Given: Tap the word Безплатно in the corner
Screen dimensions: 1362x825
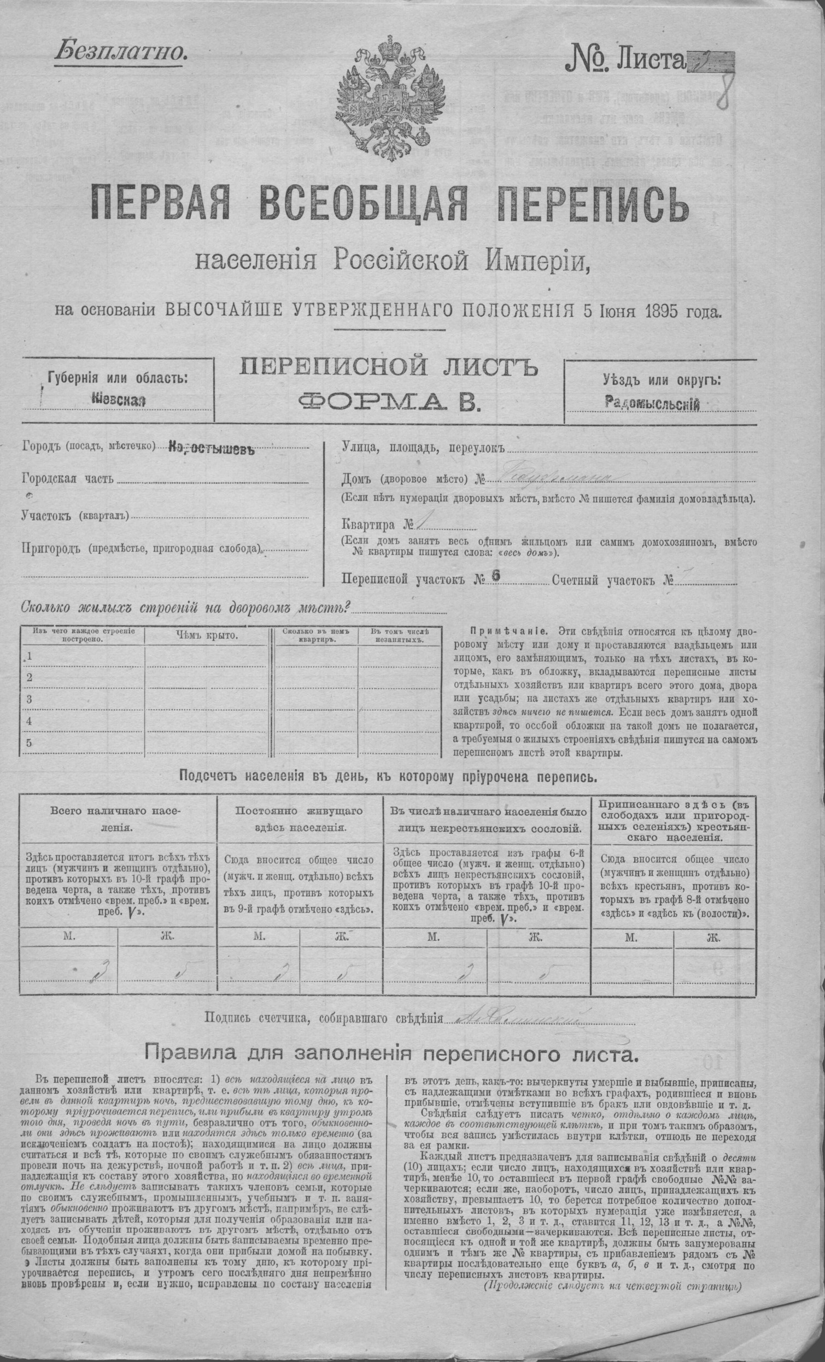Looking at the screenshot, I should (121, 51).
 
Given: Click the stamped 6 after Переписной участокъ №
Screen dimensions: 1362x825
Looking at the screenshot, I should (495, 574).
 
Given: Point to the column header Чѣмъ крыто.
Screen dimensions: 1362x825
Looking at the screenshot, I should (207, 635).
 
